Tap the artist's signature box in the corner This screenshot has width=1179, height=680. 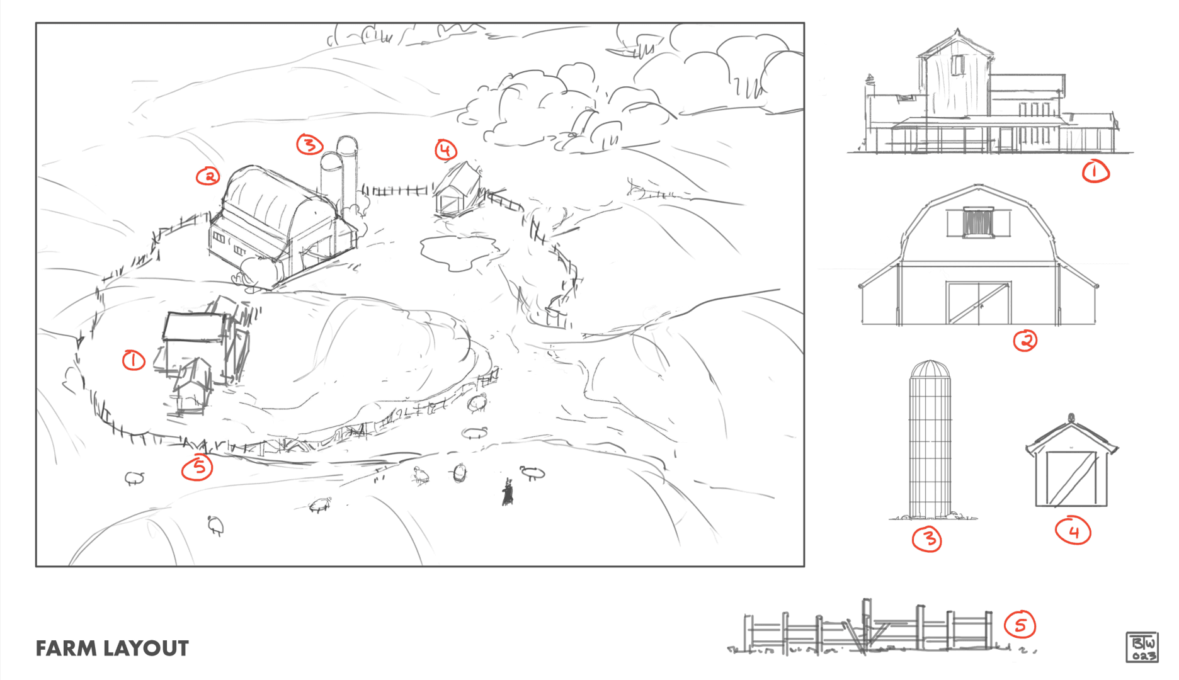pyautogui.click(x=1142, y=647)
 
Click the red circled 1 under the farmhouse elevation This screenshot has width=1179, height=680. pyautogui.click(x=1095, y=171)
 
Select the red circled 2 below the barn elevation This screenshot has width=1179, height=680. pyautogui.click(x=1025, y=341)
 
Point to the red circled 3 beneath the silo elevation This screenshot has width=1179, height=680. pyautogui.click(x=927, y=539)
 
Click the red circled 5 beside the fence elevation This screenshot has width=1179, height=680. pyautogui.click(x=1020, y=625)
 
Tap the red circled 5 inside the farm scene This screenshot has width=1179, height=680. pyautogui.click(x=197, y=467)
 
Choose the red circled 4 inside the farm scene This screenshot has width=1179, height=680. pyautogui.click(x=446, y=150)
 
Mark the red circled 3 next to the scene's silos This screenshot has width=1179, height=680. pyautogui.click(x=309, y=145)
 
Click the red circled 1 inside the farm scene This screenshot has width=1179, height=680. pyautogui.click(x=134, y=361)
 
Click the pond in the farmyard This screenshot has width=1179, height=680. pyautogui.click(x=458, y=251)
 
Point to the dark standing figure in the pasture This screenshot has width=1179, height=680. pyautogui.click(x=508, y=492)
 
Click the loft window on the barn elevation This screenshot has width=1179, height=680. pyautogui.click(x=978, y=222)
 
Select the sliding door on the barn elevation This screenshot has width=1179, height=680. pyautogui.click(x=978, y=303)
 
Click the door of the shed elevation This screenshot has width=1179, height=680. pyautogui.click(x=1072, y=479)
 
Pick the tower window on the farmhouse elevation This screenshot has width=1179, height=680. pyautogui.click(x=958, y=65)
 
